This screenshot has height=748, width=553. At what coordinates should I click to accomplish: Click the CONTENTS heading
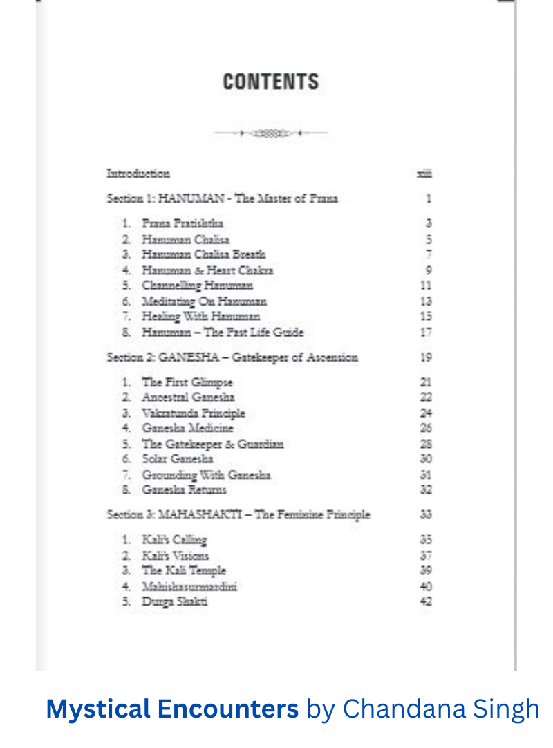(270, 82)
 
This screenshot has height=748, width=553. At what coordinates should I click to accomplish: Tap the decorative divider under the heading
(270, 133)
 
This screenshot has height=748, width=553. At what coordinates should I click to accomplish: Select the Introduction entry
(138, 173)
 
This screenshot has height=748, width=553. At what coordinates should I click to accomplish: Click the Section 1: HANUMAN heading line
(222, 198)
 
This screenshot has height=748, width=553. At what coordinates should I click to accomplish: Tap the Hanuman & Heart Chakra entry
(207, 270)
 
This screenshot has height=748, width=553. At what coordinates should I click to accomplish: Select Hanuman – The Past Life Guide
(223, 332)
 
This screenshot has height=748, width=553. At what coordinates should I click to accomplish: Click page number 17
(426, 332)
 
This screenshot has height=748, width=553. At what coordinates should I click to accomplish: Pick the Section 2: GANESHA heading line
(232, 357)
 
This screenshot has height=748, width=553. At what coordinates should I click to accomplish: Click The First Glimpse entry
(187, 382)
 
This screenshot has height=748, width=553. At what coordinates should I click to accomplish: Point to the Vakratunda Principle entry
(194, 413)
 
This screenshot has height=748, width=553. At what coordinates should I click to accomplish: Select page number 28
(426, 444)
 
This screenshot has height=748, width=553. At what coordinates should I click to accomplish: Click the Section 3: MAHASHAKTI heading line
(238, 514)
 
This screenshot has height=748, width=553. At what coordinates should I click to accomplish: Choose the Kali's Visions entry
(176, 555)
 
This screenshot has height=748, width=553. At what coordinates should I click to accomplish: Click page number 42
(426, 601)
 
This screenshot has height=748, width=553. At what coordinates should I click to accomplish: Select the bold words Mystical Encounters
(172, 709)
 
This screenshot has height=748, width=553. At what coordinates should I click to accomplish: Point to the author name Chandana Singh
(441, 709)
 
